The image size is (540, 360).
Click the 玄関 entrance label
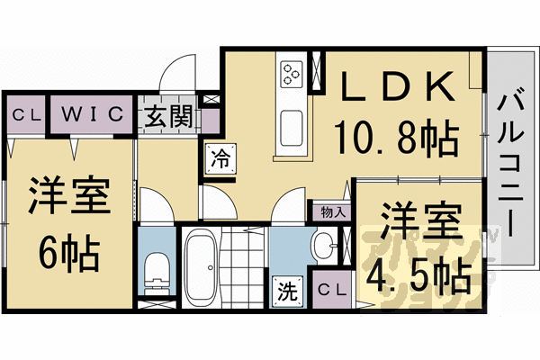[168, 116]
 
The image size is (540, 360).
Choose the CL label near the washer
[330, 290]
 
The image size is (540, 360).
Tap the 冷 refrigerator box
[219, 158]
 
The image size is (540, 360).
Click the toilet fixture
[157, 269]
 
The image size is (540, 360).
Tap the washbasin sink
[323, 247]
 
